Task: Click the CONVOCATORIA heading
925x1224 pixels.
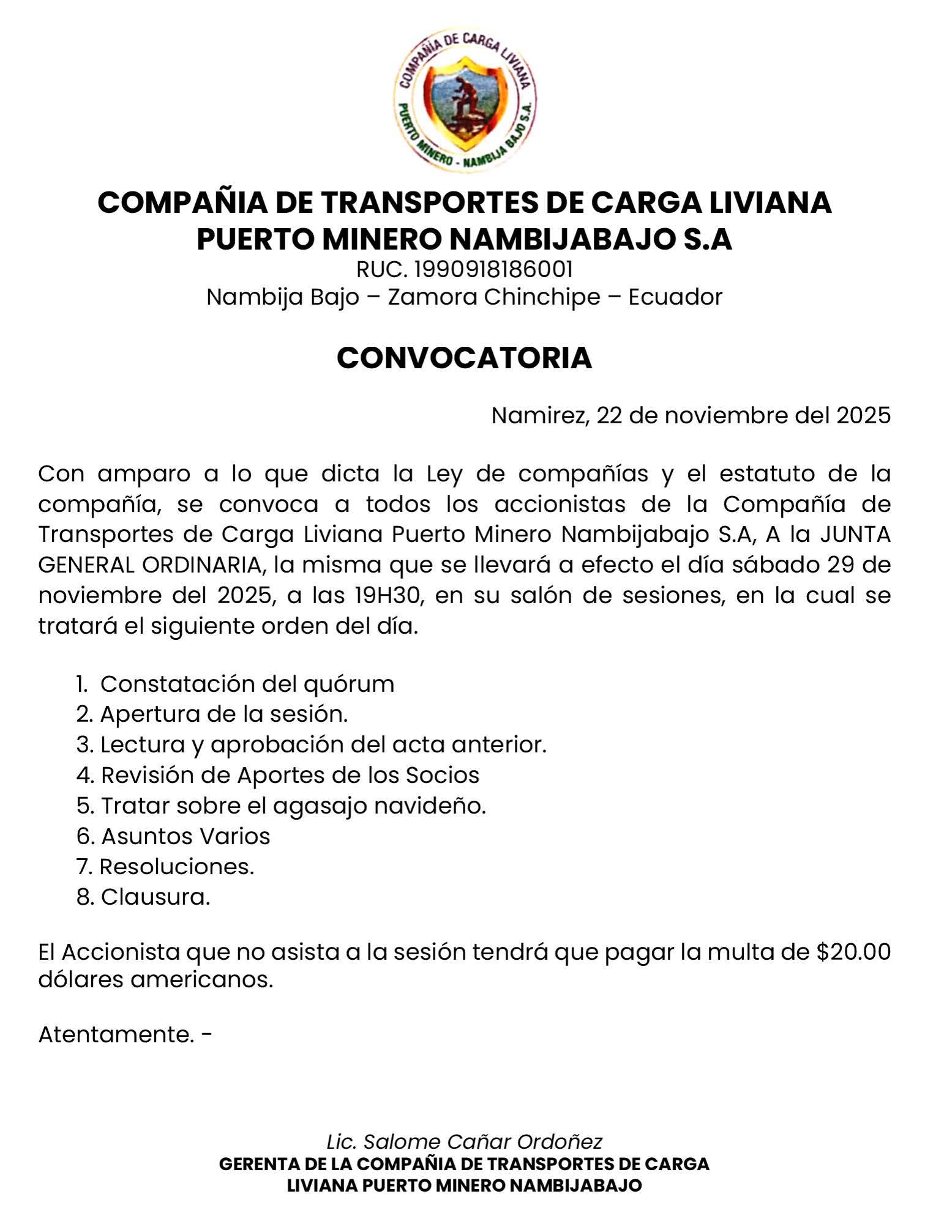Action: [464, 358]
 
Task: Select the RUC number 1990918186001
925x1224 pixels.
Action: [493, 269]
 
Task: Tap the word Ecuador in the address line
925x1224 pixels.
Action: [675, 297]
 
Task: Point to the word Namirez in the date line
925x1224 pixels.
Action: [539, 415]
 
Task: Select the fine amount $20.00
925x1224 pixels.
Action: [853, 952]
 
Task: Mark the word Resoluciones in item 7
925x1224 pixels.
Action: [176, 867]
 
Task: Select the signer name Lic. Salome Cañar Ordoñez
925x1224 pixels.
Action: [464, 1141]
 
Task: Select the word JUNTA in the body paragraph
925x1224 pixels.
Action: [855, 534]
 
